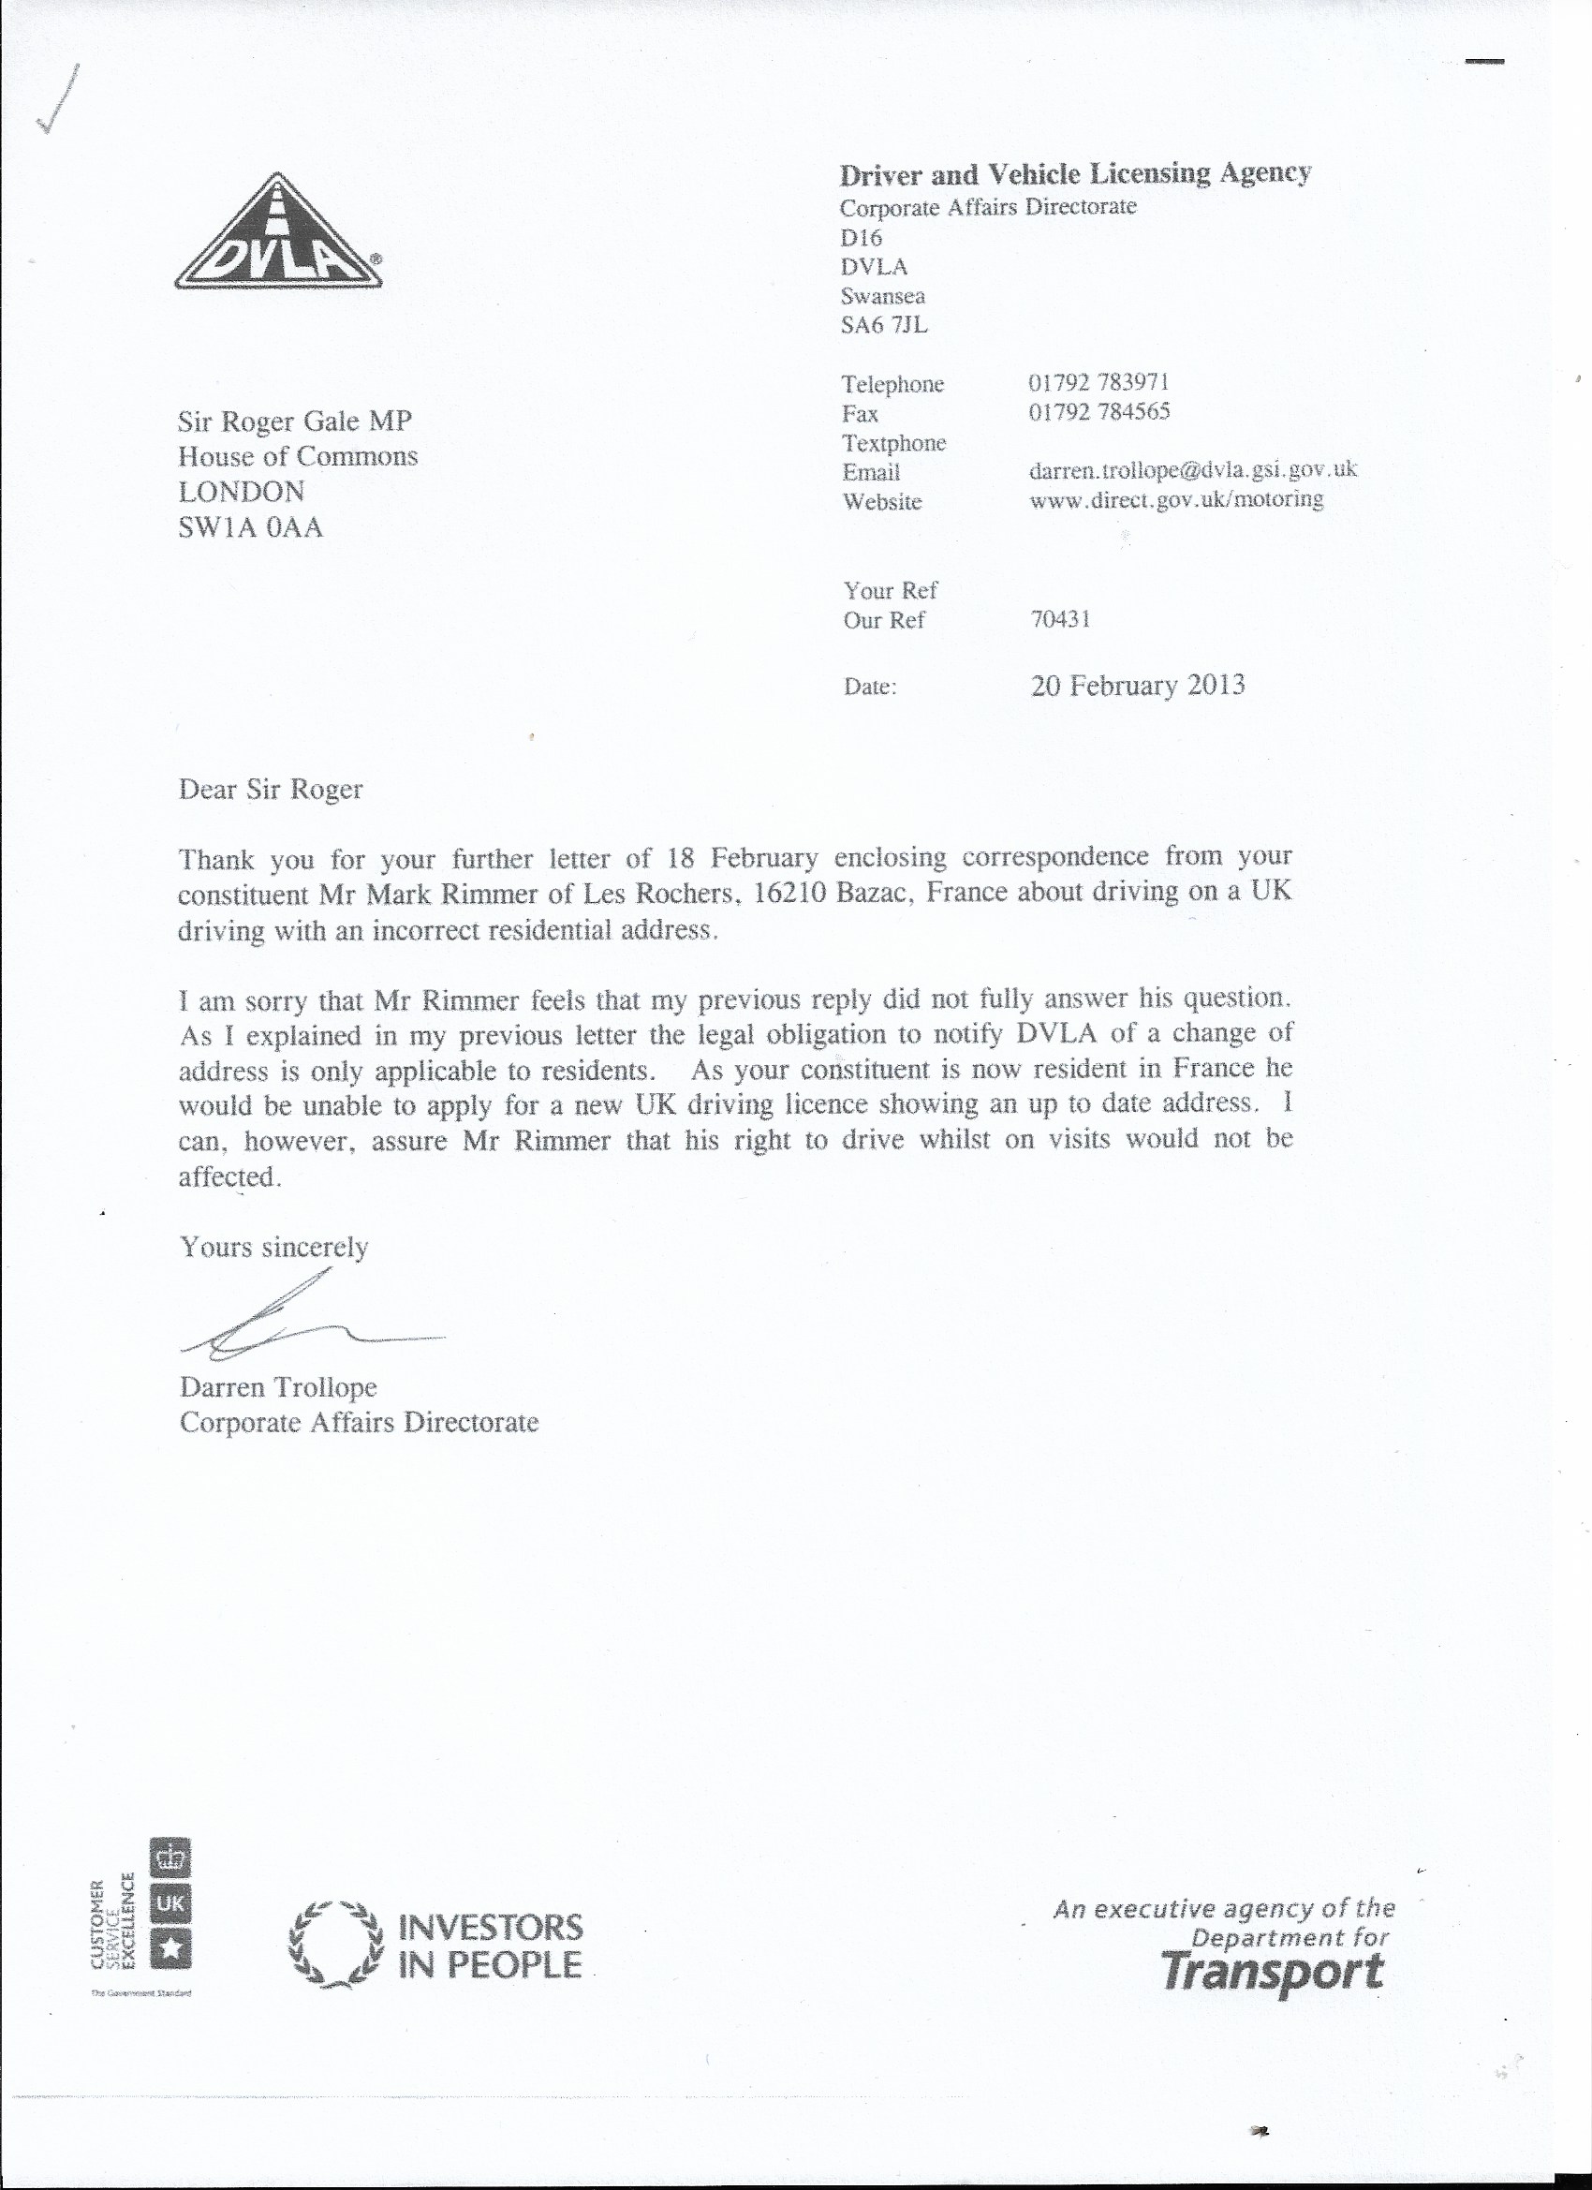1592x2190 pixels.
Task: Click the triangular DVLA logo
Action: tap(278, 234)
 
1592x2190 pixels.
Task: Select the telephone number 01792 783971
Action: tap(1099, 382)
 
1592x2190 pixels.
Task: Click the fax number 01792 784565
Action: tap(1099, 412)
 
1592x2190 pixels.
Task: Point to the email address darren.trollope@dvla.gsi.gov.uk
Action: tap(1193, 470)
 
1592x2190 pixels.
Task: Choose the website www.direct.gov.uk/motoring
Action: tap(1176, 499)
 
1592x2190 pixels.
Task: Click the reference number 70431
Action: tap(1060, 619)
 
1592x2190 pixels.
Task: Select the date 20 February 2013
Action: tap(1137, 686)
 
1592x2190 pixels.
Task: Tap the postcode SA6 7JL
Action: tap(883, 325)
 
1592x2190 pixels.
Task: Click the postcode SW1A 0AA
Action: tap(250, 527)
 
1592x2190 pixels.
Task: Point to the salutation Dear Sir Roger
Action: tap(271, 790)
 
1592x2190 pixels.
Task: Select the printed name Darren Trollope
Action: tap(278, 1387)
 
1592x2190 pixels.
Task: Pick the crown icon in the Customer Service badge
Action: tap(170, 1857)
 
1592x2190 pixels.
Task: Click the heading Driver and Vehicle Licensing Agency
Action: tap(1074, 174)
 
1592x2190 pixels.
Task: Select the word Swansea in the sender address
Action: tap(882, 295)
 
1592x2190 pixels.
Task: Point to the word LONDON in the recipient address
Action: tap(242, 492)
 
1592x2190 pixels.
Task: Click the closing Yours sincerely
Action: tap(274, 1248)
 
